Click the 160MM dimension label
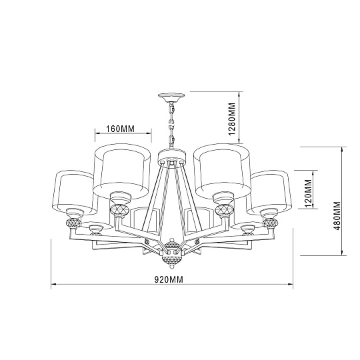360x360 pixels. [x=121, y=129]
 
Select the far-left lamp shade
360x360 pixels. [x=72, y=190]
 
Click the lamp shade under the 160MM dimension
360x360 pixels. [x=121, y=170]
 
